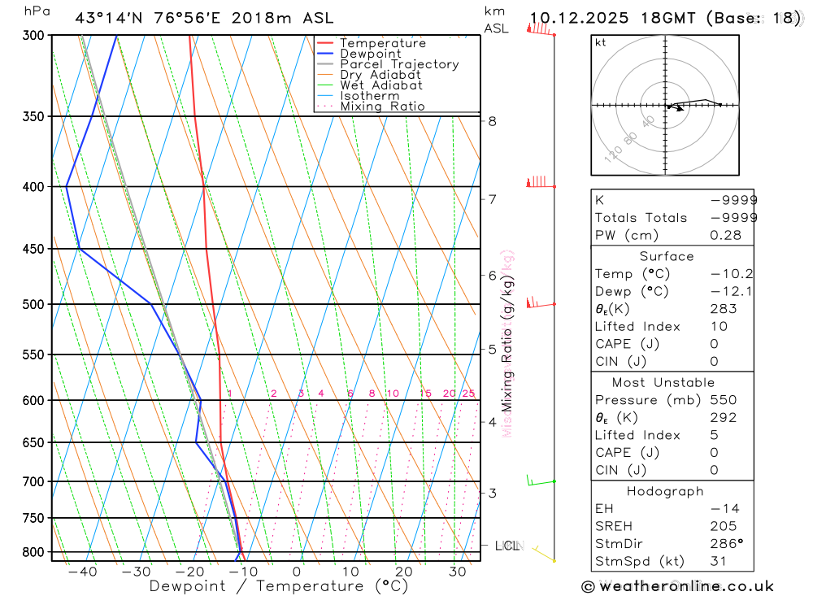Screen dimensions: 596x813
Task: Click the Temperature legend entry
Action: click(x=382, y=43)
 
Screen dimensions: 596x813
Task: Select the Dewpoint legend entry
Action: click(x=370, y=54)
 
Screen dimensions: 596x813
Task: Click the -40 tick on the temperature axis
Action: click(x=82, y=572)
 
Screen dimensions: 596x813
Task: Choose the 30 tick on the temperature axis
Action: click(x=457, y=572)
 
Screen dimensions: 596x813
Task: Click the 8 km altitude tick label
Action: click(x=492, y=122)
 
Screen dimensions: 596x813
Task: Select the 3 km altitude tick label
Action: click(x=492, y=493)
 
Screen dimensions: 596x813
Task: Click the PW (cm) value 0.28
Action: click(x=725, y=235)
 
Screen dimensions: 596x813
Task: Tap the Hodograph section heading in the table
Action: click(x=665, y=491)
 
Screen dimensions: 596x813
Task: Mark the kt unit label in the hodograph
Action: click(x=601, y=42)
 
